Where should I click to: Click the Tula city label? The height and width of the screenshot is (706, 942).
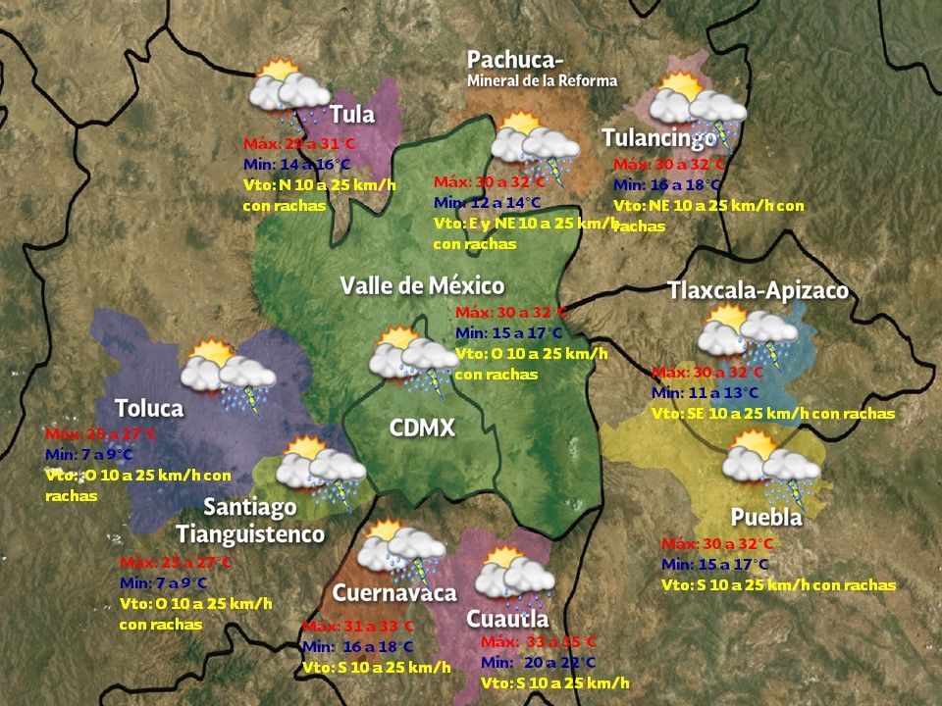click(352, 115)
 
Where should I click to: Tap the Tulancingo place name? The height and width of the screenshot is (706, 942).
click(659, 137)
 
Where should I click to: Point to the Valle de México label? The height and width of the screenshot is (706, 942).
click(422, 286)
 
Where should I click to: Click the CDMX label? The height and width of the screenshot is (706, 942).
click(422, 429)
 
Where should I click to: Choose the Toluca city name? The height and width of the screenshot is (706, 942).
click(148, 408)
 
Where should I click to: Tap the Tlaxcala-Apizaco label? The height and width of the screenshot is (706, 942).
click(758, 291)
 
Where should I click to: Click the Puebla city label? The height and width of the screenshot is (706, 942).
click(766, 517)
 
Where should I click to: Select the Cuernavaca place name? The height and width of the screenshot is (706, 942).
click(394, 593)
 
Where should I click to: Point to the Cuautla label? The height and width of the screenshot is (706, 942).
click(507, 620)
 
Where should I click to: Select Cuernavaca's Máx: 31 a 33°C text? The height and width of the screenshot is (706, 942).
click(358, 627)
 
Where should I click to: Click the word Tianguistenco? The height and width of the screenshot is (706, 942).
click(250, 534)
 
